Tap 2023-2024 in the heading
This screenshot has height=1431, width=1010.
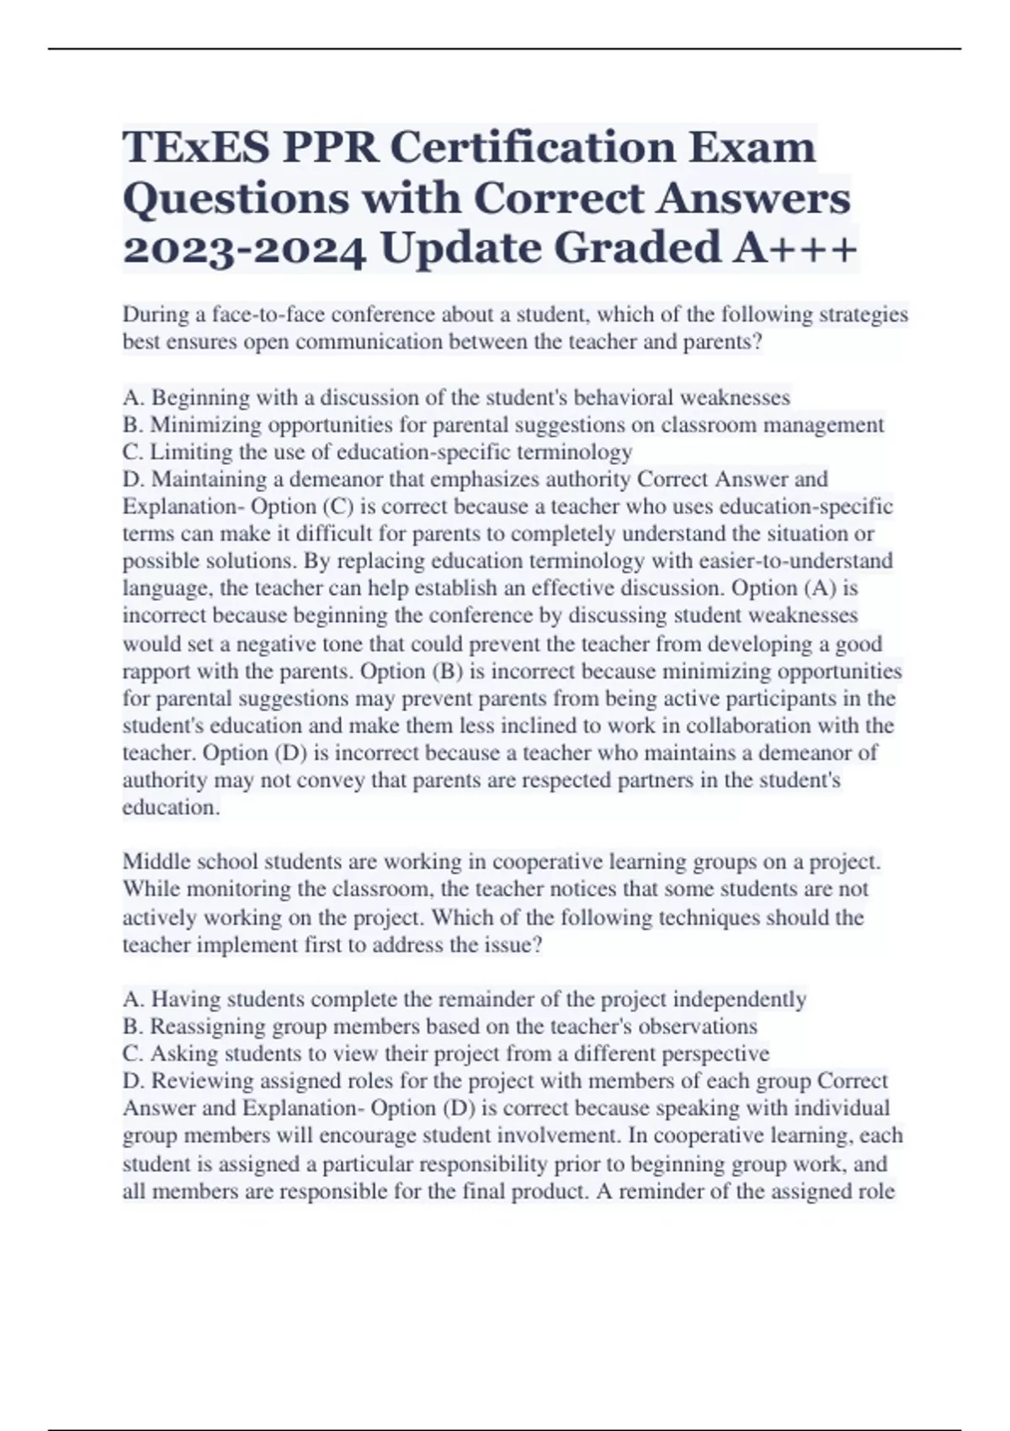click(x=243, y=249)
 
